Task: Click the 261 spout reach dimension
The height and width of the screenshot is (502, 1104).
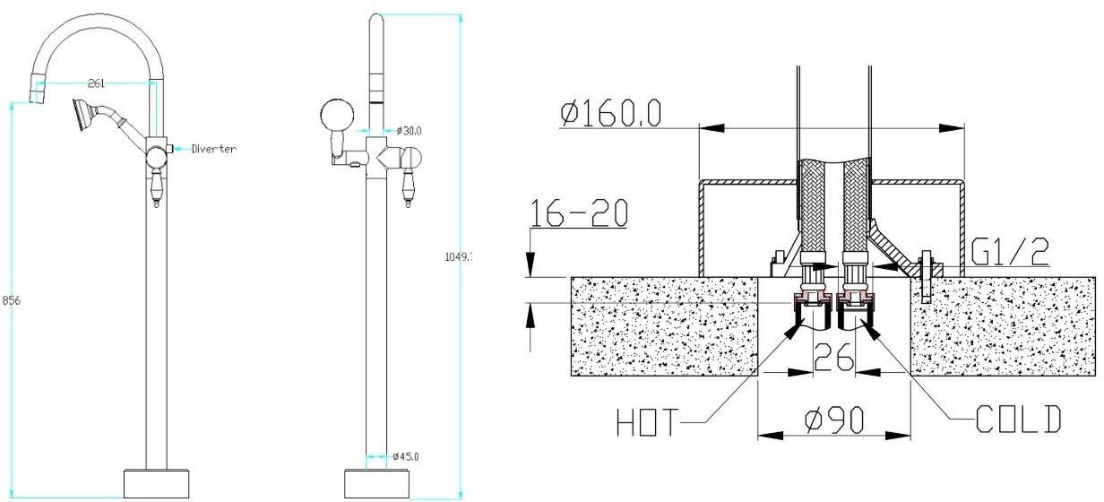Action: (x=97, y=82)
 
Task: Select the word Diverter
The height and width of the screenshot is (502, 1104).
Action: (x=214, y=149)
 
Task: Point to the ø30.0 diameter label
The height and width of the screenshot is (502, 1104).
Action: (x=409, y=131)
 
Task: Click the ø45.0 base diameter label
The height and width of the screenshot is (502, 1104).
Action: (x=406, y=457)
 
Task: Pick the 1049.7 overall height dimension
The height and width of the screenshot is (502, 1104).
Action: (x=458, y=257)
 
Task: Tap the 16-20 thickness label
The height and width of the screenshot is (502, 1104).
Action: (x=579, y=213)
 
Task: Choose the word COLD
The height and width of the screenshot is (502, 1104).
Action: (x=1019, y=420)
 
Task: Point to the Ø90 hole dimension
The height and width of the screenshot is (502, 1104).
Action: (x=832, y=419)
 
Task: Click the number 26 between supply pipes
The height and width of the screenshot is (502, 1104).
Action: (x=832, y=359)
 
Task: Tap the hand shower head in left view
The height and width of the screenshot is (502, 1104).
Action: (x=85, y=112)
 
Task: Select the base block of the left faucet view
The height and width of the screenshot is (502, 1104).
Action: (x=155, y=482)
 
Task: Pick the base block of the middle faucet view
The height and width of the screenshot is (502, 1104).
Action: (x=377, y=482)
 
